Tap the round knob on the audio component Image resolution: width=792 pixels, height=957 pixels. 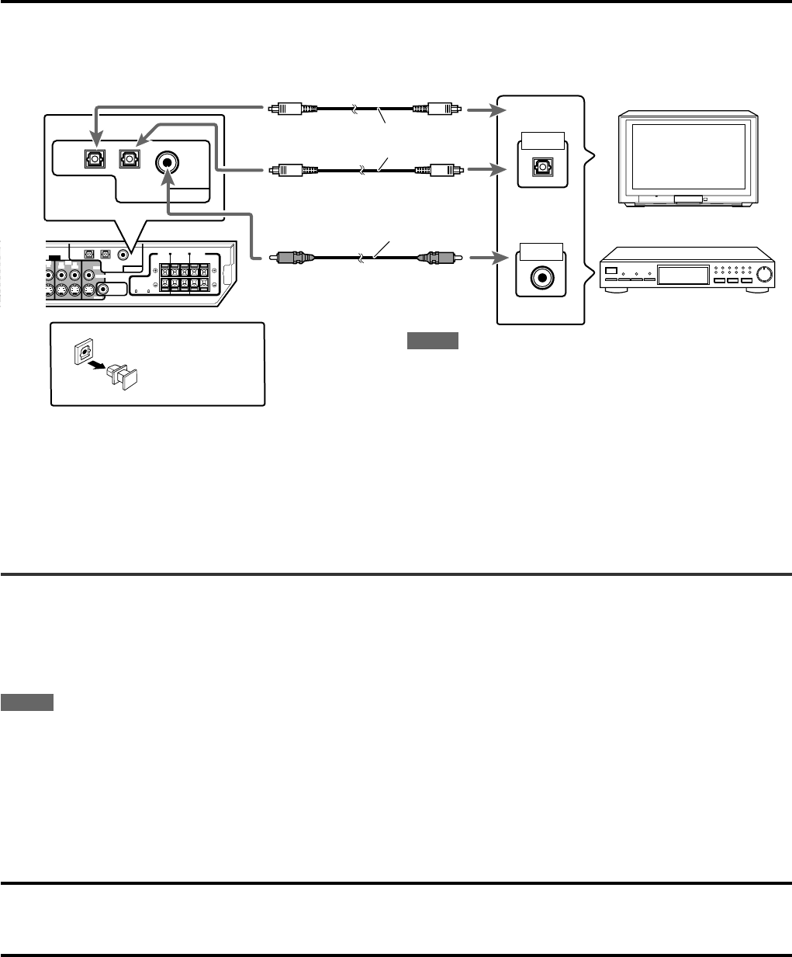pos(766,273)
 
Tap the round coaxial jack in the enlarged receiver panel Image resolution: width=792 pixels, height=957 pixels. pos(166,163)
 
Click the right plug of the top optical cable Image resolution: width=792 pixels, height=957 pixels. pos(439,109)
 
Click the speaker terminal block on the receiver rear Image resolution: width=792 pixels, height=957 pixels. pos(185,276)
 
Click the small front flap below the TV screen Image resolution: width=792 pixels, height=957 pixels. pos(690,199)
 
